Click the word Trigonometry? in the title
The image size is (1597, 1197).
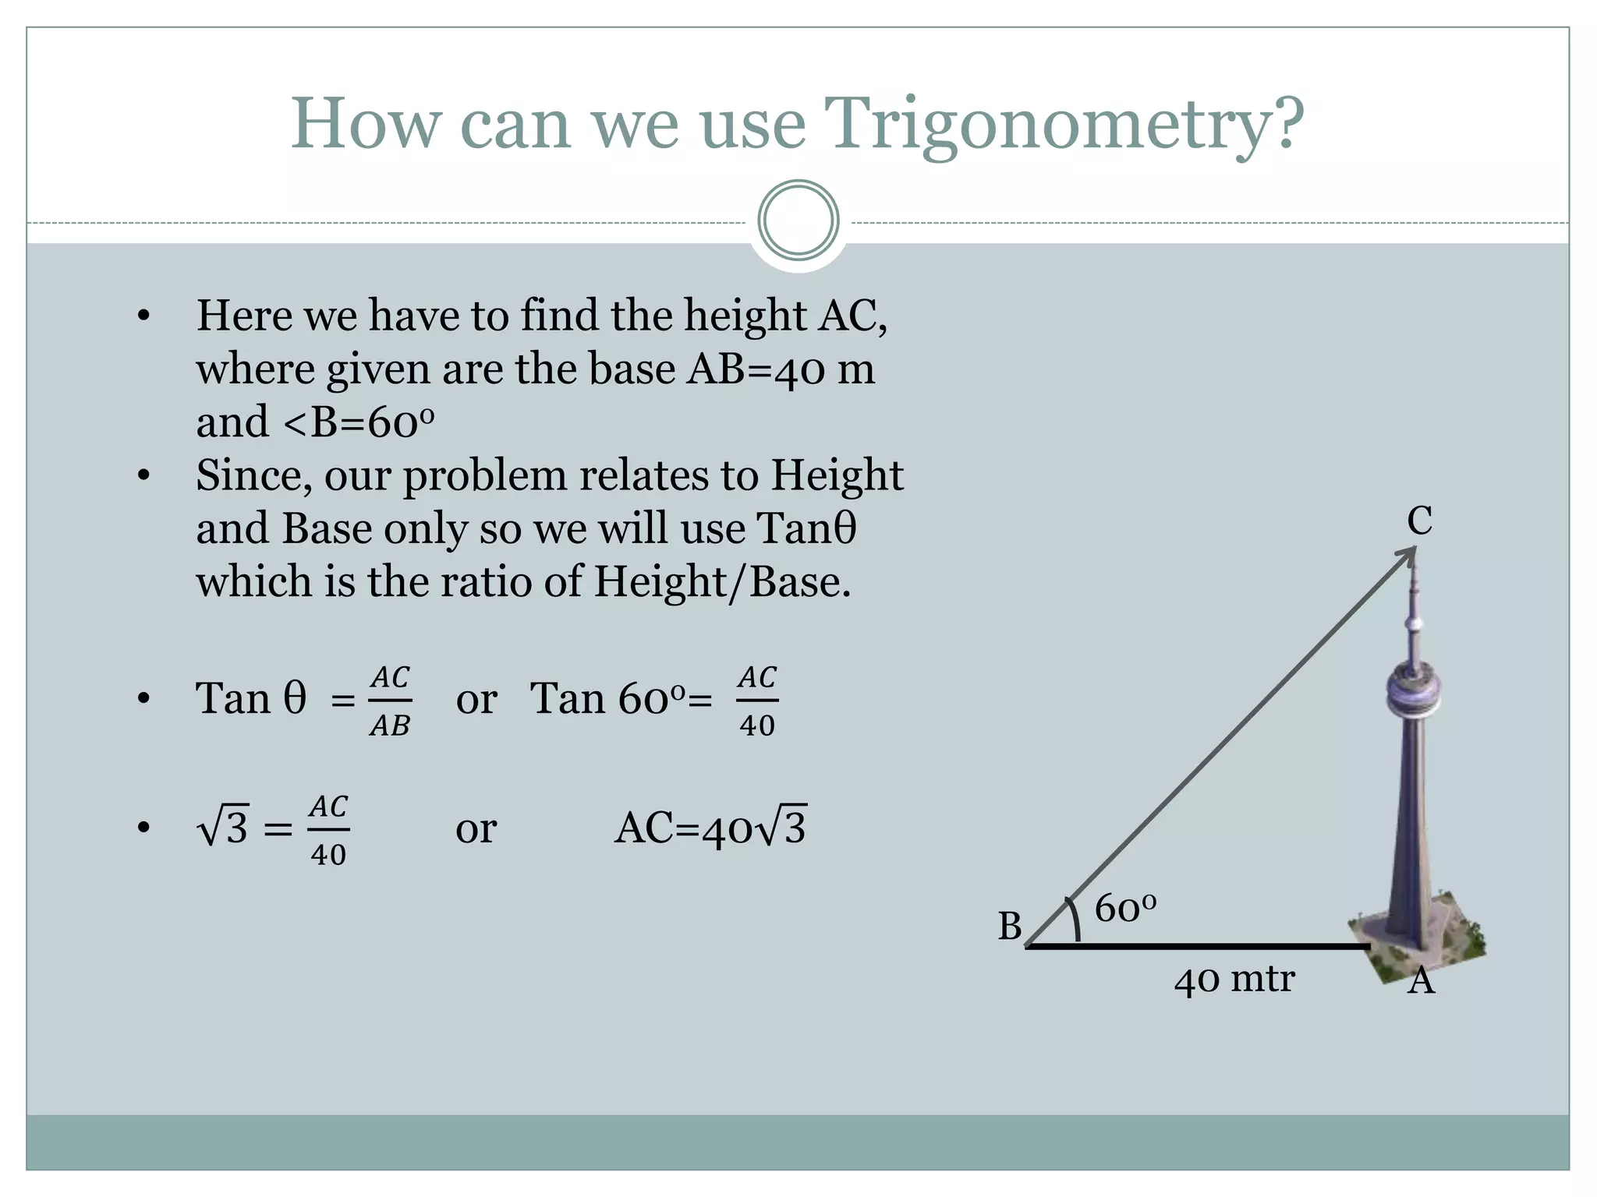1064,125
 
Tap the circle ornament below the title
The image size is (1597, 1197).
798,221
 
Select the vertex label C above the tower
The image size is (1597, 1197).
1419,521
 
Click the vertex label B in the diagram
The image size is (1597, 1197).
1010,927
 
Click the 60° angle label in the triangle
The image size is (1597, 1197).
1124,909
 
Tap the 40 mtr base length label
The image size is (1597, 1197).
1234,980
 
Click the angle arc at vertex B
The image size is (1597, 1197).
1075,920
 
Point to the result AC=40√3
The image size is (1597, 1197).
710,828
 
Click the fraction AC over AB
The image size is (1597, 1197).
390,701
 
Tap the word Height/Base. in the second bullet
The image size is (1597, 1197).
722,582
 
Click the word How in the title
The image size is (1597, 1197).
365,125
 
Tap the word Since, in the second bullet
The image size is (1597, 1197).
253,475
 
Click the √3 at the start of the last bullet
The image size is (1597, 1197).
223,828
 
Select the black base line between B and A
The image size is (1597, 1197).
1198,947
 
